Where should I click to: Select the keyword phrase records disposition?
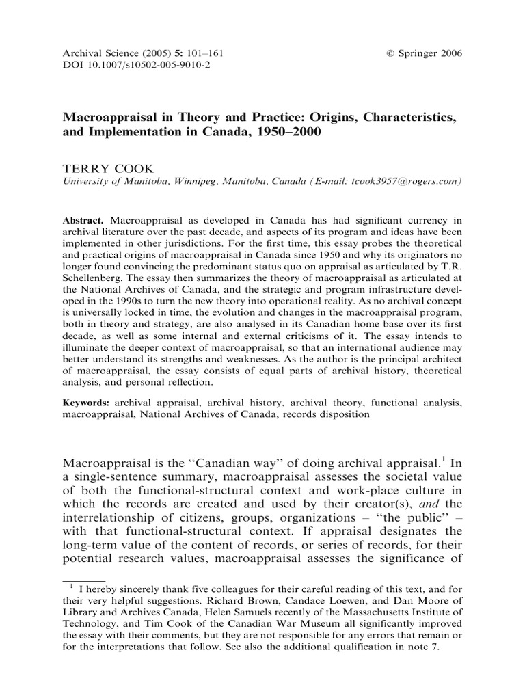[x=327, y=414]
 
